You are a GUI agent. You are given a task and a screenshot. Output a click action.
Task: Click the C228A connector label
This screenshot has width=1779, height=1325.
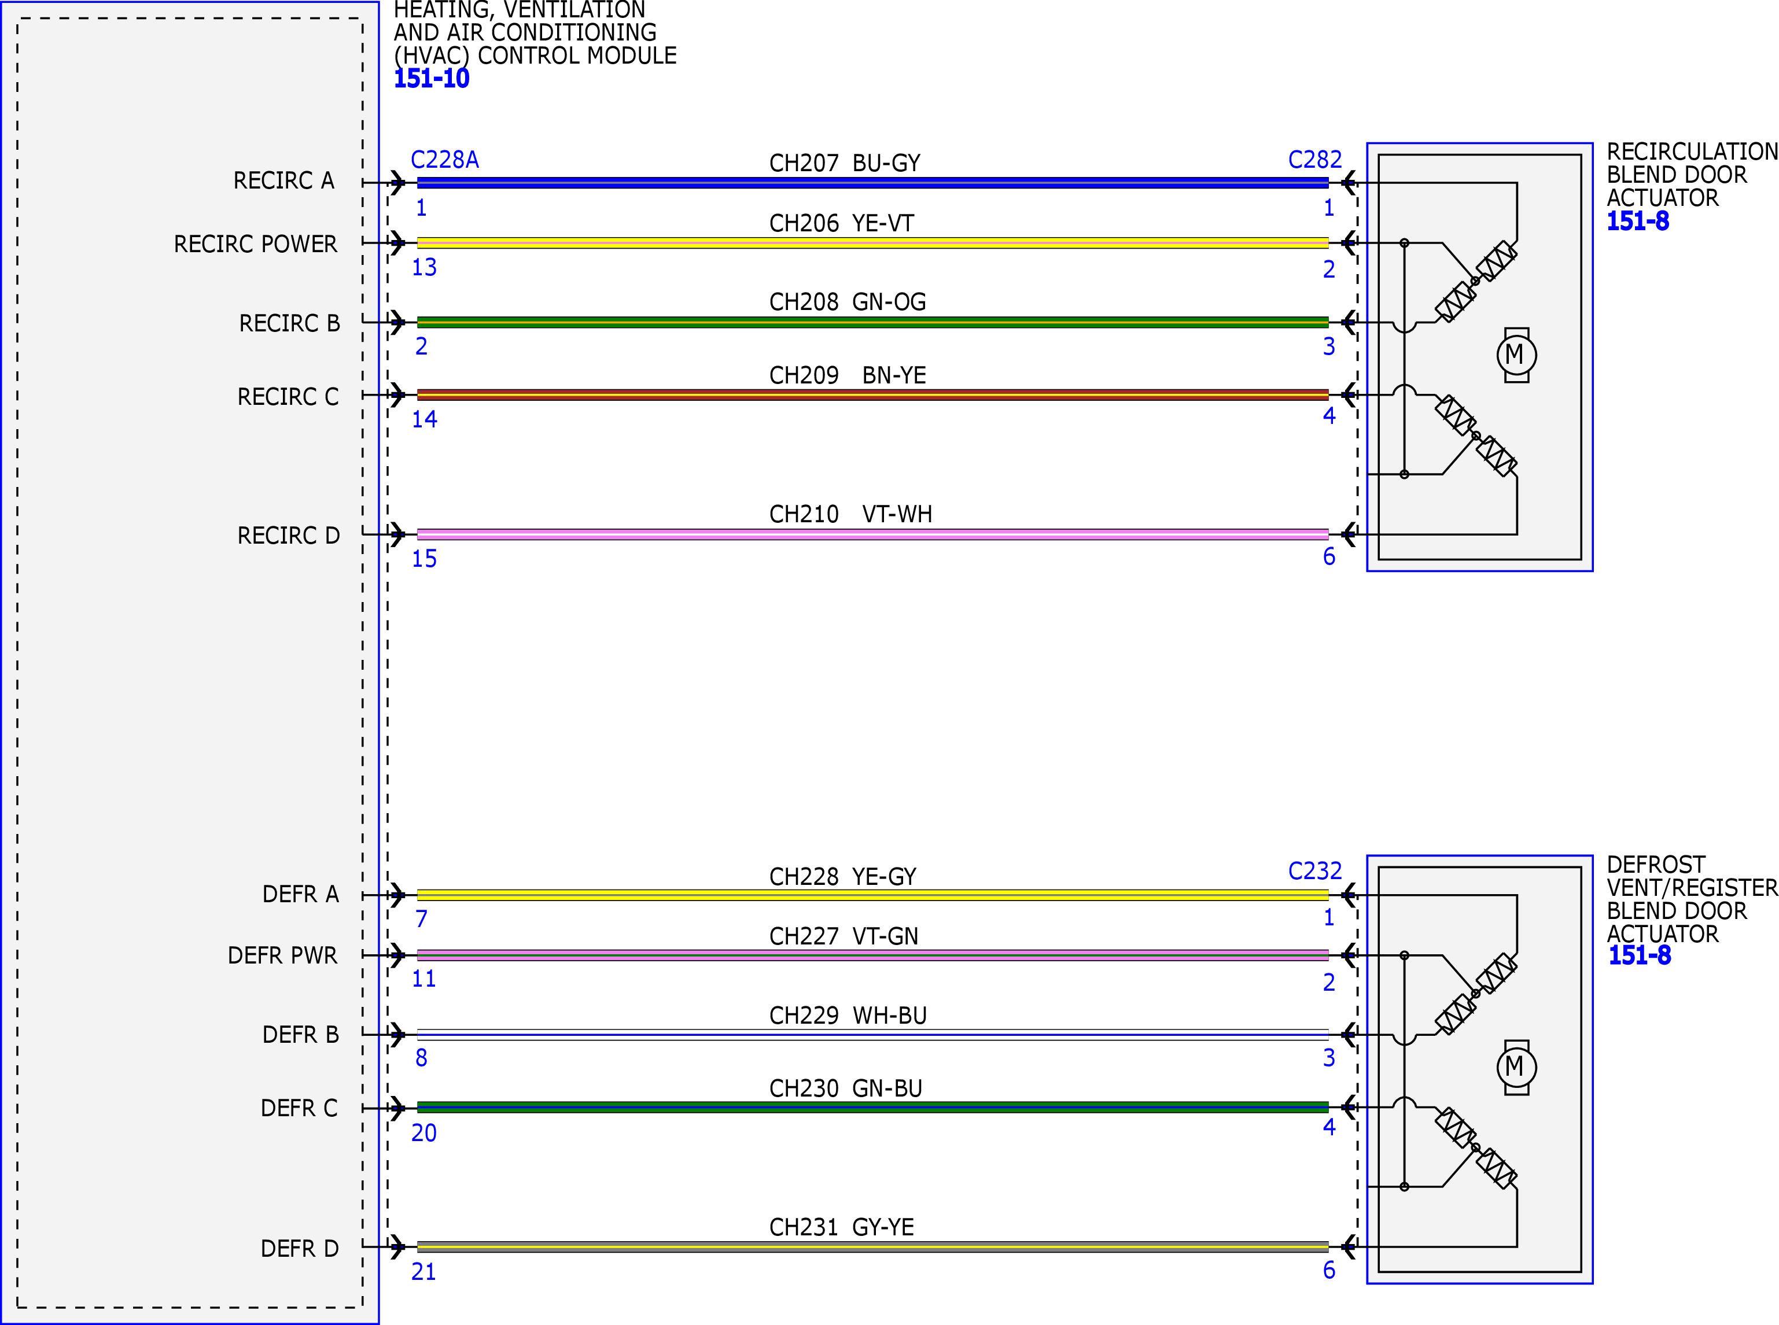444,160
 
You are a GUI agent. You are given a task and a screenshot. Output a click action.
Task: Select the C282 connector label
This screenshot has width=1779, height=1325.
1314,160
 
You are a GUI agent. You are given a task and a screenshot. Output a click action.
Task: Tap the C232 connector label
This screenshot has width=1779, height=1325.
1314,871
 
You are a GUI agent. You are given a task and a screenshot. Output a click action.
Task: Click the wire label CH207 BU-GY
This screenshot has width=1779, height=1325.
844,164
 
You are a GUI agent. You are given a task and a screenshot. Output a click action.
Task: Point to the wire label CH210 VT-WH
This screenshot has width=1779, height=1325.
850,514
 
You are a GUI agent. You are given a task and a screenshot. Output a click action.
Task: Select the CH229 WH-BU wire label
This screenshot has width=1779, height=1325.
848,1016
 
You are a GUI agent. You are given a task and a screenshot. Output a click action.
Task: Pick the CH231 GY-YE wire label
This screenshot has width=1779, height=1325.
841,1227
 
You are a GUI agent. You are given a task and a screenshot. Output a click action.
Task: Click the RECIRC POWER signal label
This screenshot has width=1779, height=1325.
255,244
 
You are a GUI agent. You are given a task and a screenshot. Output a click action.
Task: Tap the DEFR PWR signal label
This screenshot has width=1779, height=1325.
282,955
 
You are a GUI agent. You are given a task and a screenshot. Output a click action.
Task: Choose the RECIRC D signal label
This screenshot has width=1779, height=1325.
288,536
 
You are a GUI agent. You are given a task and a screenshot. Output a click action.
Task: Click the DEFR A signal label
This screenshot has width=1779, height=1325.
300,894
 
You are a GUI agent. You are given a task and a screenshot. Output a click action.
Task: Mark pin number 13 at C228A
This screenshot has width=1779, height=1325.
423,267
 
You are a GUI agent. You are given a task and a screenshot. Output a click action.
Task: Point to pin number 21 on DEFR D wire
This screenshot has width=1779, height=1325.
423,1271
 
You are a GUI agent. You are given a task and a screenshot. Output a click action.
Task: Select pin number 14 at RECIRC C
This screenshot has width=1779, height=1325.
423,419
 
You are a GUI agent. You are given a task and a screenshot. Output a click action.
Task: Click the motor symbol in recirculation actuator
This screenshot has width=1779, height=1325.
1516,355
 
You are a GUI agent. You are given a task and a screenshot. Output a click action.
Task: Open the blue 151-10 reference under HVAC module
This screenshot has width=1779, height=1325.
431,79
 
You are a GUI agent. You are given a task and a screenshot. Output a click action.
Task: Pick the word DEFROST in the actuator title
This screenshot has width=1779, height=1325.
1655,865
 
